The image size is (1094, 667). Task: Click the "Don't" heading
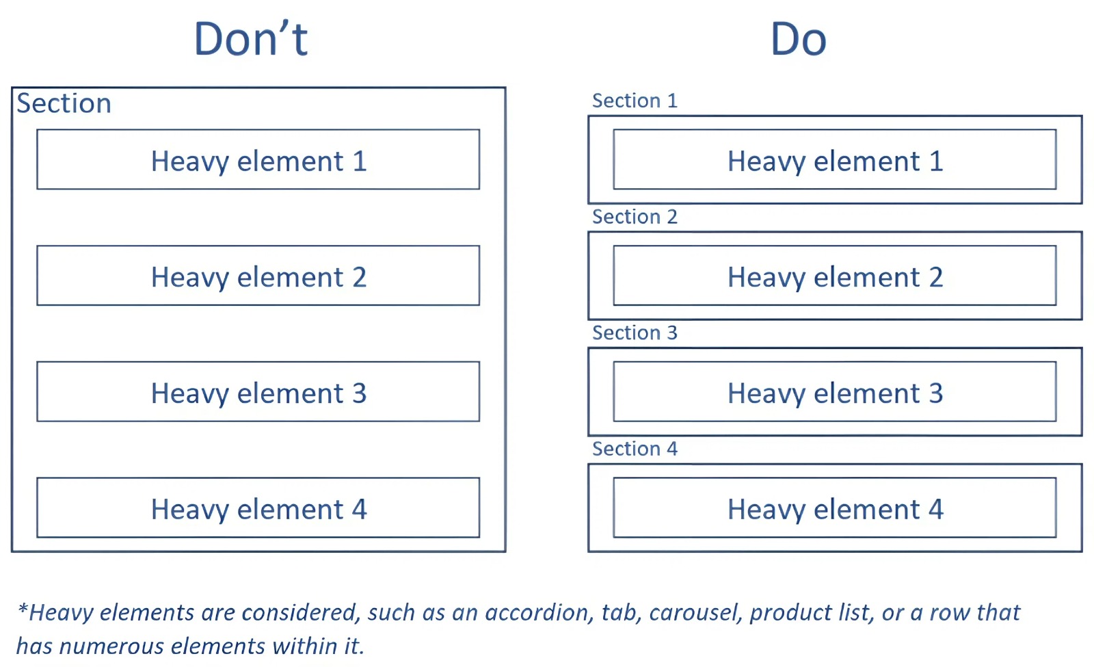tap(251, 38)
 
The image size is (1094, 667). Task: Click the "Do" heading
tap(799, 39)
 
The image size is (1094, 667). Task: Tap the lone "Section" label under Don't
tap(64, 103)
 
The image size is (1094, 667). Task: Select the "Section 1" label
tap(635, 101)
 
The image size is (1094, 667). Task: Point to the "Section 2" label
tap(635, 216)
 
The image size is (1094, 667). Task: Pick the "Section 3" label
tap(635, 332)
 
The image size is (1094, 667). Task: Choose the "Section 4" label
tap(635, 449)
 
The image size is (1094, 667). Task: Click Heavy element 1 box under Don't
tap(258, 159)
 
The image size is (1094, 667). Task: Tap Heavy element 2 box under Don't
tap(258, 276)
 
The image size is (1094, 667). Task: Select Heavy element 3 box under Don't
tap(258, 391)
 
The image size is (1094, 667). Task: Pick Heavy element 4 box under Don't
tap(258, 508)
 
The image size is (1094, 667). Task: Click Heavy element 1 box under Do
tap(835, 159)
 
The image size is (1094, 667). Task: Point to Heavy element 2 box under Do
tap(835, 276)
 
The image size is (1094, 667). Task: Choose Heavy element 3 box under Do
tap(835, 391)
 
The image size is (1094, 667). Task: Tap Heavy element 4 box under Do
tap(835, 508)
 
